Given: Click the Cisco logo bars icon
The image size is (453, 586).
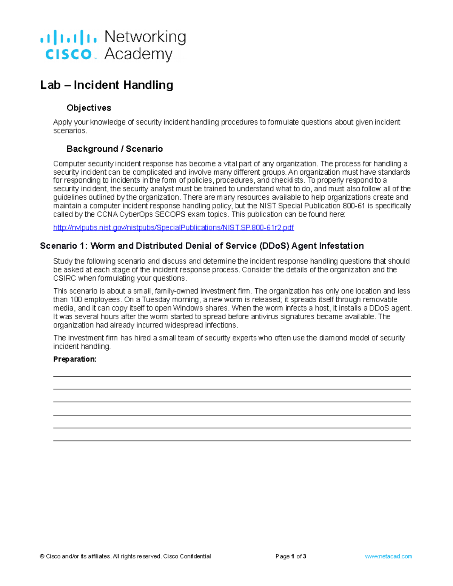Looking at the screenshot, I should [68, 38].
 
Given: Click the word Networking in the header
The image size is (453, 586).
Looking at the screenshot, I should [145, 37].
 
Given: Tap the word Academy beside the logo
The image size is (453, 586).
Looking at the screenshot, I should [138, 54].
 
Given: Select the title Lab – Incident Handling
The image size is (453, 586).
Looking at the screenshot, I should [106, 85].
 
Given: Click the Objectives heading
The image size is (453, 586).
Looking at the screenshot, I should [89, 108].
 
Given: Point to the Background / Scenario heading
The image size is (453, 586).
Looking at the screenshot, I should [114, 149].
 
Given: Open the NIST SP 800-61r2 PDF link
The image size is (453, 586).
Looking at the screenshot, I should [173, 228].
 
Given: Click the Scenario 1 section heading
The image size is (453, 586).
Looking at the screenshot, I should [202, 246].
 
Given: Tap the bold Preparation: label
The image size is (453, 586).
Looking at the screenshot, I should [75, 359].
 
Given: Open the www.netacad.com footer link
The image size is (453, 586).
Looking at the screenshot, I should [388, 556].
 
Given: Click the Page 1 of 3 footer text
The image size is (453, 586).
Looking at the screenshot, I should [291, 556].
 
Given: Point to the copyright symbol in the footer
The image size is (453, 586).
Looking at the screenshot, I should [42, 556].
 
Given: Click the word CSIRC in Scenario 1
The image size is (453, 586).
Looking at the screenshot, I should [65, 278].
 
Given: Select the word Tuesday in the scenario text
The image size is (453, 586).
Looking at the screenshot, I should [156, 300].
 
